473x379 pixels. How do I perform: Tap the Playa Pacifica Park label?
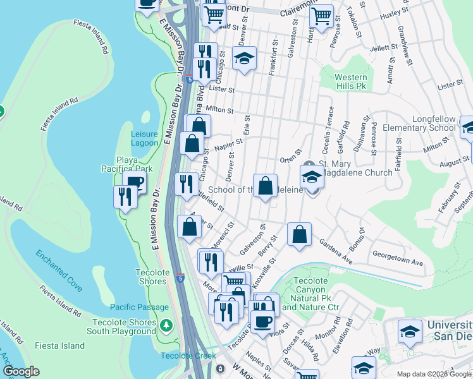[x=126, y=164]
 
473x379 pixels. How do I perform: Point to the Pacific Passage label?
[x=140, y=307]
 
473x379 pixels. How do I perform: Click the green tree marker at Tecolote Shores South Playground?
[x=166, y=326]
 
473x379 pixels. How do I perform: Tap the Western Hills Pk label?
[x=351, y=81]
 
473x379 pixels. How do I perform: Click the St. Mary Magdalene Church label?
[x=357, y=168]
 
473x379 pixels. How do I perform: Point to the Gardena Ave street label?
[x=335, y=243]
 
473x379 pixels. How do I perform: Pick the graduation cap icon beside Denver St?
[x=243, y=59]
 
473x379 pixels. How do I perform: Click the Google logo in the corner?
[x=21, y=371]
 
